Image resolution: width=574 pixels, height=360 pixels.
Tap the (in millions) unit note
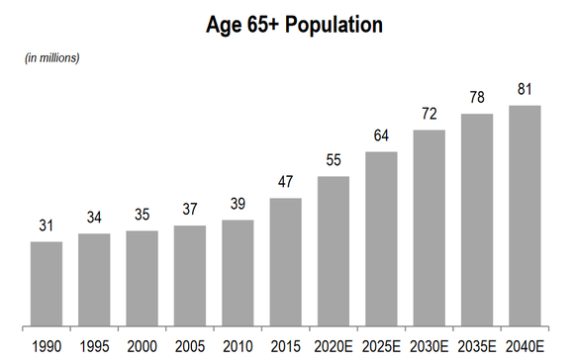point(51,57)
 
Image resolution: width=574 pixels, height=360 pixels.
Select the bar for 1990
point(47,284)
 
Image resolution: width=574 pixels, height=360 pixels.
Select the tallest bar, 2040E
point(525,216)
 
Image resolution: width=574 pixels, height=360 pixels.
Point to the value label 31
point(47,226)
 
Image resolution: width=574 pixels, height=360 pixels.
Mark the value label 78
point(477,99)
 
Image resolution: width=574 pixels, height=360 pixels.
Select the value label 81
point(525,90)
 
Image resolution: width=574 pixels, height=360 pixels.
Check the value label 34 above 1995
point(94,219)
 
